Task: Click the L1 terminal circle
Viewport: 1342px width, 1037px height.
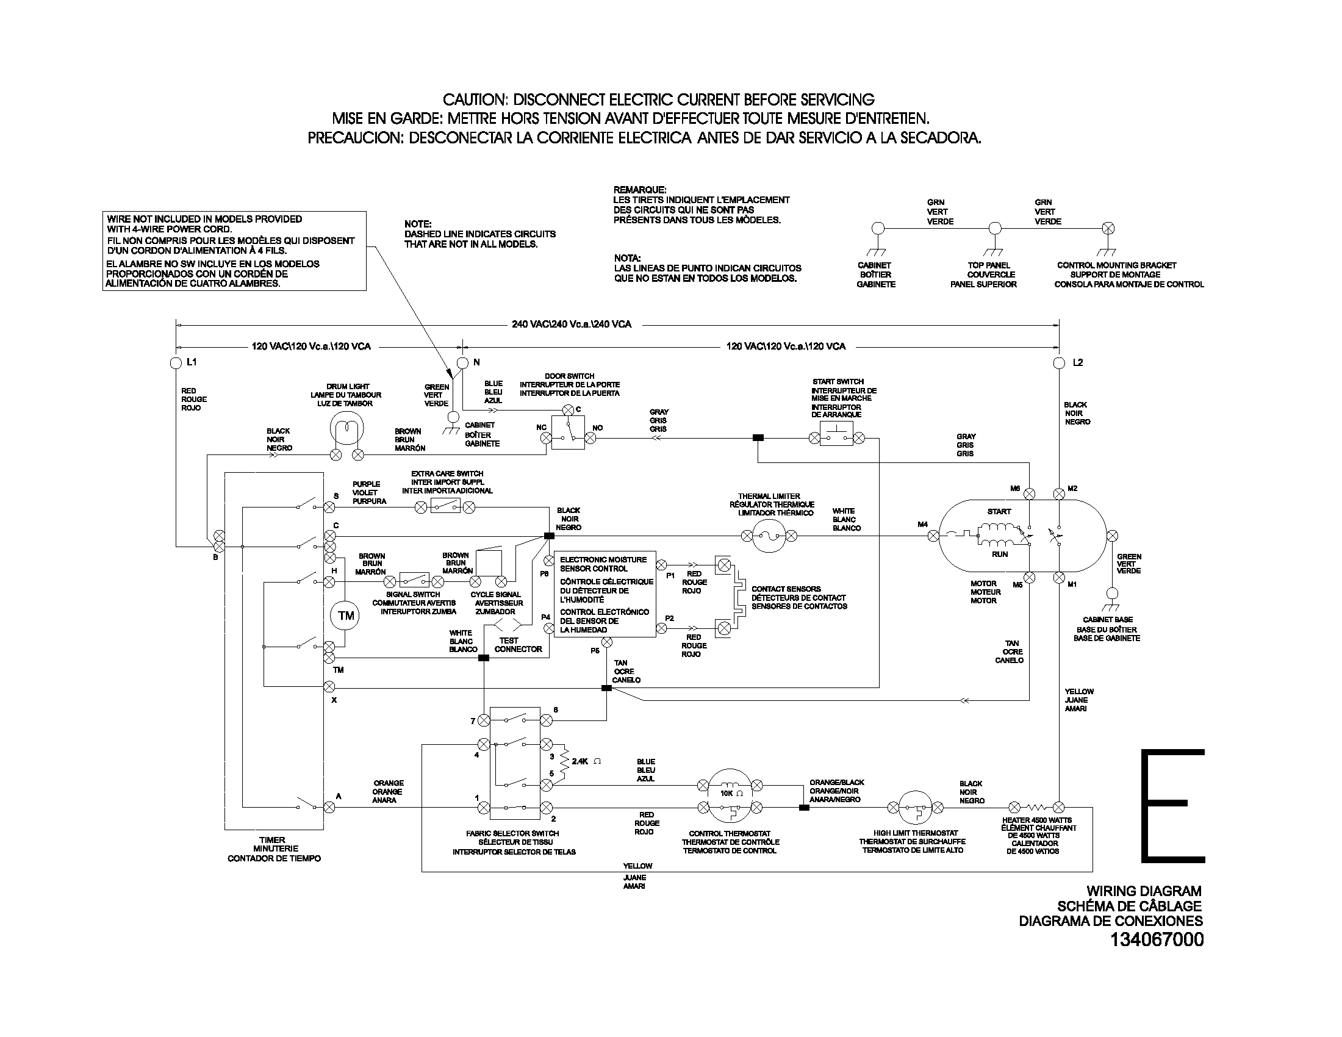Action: tap(176, 363)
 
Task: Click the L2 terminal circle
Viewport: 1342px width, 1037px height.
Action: tap(1059, 363)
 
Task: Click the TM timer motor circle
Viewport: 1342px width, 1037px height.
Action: tap(346, 615)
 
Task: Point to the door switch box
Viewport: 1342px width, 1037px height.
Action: tap(568, 432)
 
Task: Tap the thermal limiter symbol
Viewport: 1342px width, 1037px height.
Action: tap(769, 536)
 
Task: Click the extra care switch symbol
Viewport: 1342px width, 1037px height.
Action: tap(445, 507)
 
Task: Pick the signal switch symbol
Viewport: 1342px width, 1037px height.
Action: tap(414, 581)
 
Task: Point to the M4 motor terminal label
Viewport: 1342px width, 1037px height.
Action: tap(922, 525)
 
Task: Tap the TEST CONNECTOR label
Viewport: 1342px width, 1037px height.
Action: tap(517, 644)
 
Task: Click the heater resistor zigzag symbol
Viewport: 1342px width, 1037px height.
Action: tap(1036, 807)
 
